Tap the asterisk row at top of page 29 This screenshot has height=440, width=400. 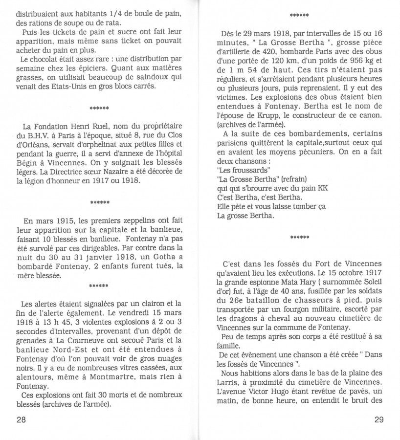point(299,16)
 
